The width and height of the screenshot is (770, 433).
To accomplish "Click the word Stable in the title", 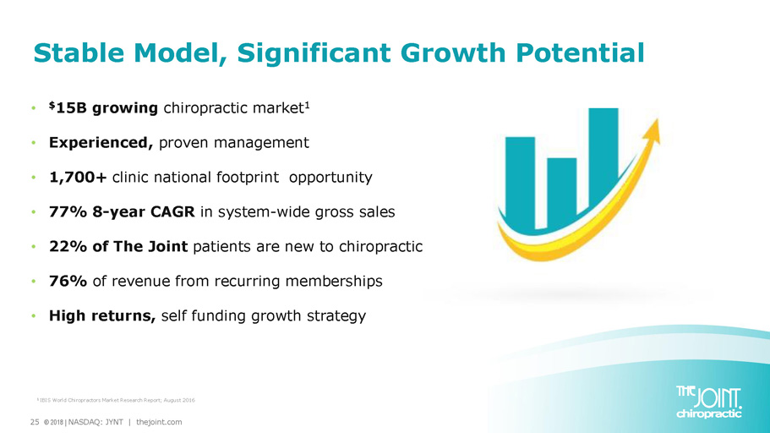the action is coord(79,52).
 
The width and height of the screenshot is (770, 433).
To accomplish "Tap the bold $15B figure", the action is coord(69,107).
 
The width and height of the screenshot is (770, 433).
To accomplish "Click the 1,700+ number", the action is coord(78,177).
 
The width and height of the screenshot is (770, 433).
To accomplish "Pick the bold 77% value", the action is coord(68,211).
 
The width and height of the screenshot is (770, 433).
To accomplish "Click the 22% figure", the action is coord(68,246).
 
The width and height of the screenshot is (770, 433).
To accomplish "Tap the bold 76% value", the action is coord(68,281).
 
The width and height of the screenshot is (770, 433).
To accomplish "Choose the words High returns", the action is coord(102,315).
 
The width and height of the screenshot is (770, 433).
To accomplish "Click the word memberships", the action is coord(334,281).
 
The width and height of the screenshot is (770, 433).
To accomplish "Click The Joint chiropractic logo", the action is coord(708,402).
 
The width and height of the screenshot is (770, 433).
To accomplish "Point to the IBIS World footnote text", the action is coord(116,400).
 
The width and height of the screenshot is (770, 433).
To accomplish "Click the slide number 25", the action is coord(35,422).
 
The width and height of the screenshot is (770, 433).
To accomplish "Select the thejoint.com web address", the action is coord(159,422).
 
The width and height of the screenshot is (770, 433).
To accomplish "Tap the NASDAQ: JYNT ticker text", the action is coord(96,422).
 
